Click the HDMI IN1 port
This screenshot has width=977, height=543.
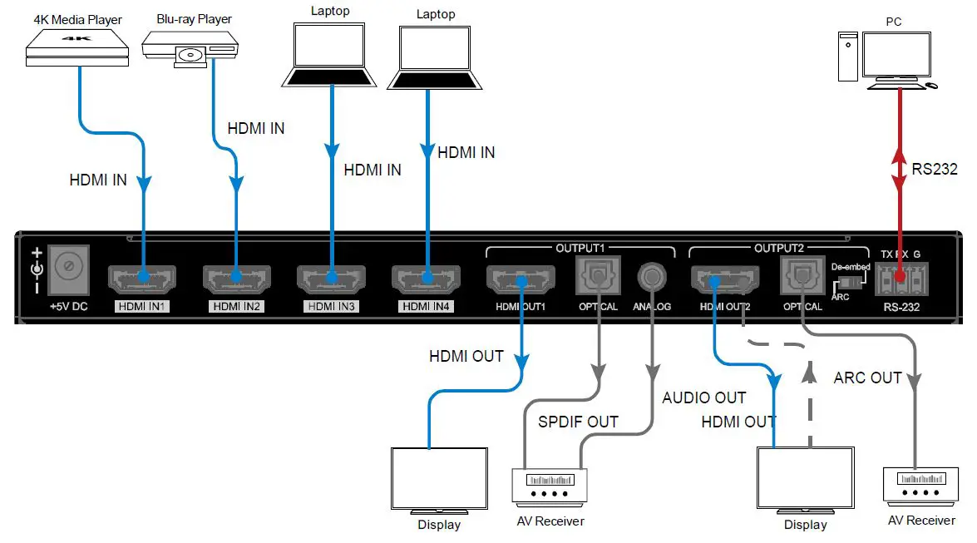(142, 278)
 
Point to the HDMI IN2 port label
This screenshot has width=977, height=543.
(237, 306)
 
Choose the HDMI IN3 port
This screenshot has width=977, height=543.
(332, 278)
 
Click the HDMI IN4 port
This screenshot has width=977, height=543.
(427, 278)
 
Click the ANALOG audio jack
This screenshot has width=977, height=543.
(653, 275)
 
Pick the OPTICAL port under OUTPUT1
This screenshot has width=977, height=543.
(598, 274)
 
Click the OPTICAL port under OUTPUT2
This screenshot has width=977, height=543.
(802, 274)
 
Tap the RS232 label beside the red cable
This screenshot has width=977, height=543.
(935, 170)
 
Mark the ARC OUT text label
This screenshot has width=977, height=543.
(867, 378)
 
